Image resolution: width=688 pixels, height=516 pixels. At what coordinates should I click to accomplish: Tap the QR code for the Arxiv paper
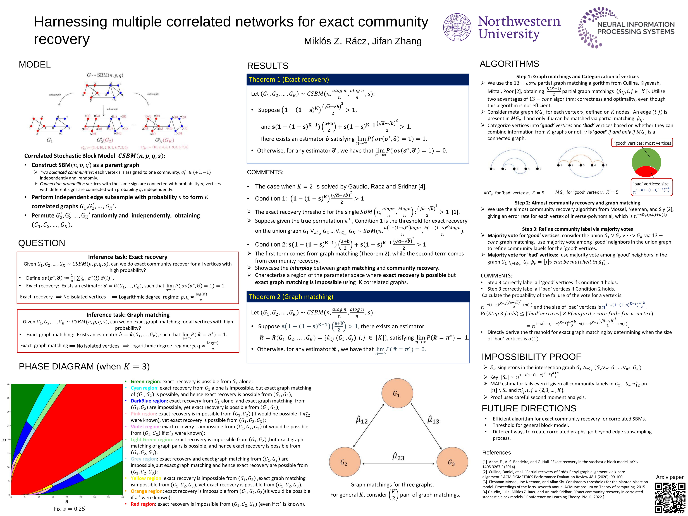(x=670, y=498)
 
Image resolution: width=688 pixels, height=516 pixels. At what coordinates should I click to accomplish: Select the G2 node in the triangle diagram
(x=345, y=462)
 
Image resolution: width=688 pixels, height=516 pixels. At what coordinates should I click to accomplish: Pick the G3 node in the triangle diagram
(x=452, y=462)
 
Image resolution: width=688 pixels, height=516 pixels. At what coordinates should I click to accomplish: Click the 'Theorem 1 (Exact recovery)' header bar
(x=357, y=80)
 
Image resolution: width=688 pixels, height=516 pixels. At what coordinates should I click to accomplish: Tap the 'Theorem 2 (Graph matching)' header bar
(x=358, y=297)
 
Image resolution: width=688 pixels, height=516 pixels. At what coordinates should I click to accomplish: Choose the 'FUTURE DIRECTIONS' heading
(x=529, y=408)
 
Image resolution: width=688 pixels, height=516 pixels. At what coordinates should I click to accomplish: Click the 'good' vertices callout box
(x=642, y=143)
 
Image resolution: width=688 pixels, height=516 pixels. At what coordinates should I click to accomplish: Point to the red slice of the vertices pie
(x=646, y=172)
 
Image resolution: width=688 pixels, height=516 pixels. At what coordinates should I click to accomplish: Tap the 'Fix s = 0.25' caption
(x=69, y=509)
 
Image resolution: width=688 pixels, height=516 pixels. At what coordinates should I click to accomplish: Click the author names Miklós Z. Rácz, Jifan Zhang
(x=363, y=41)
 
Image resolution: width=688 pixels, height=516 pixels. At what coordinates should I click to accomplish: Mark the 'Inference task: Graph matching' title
(x=128, y=315)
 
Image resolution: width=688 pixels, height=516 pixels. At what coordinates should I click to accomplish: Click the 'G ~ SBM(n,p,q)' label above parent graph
(x=105, y=75)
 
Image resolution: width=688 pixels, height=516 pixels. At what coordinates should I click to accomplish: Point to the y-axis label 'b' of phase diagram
(x=4, y=440)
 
